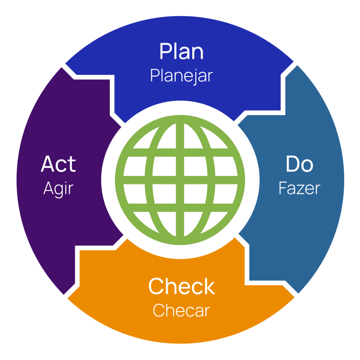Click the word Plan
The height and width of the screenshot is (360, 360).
click(x=181, y=52)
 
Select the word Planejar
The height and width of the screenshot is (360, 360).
click(x=181, y=76)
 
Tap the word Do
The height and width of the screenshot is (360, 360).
click(x=299, y=164)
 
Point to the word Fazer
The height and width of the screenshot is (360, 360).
click(x=299, y=188)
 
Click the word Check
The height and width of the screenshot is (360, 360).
click(x=181, y=287)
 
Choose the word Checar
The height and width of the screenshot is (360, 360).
click(x=181, y=310)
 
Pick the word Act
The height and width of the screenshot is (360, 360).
click(x=58, y=164)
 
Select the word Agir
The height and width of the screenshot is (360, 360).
click(x=58, y=189)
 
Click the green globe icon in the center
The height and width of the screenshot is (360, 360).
click(x=180, y=180)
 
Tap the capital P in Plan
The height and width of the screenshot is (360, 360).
click(x=166, y=52)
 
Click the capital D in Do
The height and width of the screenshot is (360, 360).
click(x=292, y=164)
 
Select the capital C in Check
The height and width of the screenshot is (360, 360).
click(x=157, y=287)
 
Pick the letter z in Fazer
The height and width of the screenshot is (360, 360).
click(x=300, y=189)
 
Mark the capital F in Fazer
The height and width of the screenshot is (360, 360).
click(x=282, y=188)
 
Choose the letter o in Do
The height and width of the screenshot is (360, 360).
click(x=307, y=165)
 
